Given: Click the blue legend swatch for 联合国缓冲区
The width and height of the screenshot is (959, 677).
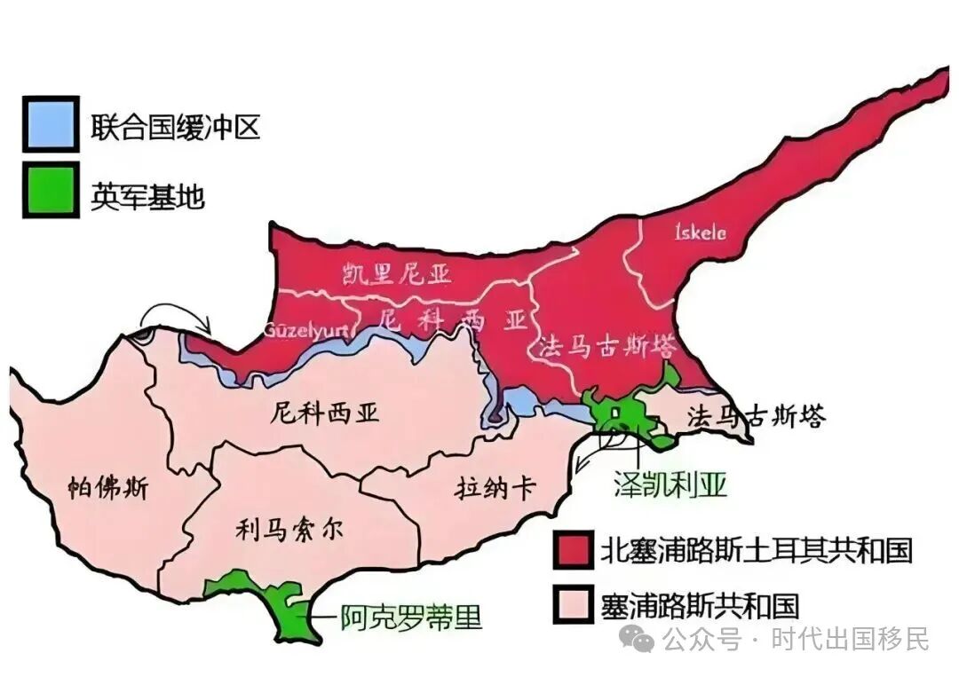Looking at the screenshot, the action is tap(52, 125).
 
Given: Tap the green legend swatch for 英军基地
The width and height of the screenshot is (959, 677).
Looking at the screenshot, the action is tap(52, 189).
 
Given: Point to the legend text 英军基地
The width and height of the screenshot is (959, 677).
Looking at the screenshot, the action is tap(147, 195).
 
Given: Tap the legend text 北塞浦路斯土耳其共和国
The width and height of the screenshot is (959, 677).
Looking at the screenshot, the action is tap(756, 550).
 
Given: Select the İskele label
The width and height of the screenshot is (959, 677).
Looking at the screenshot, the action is tap(701, 233).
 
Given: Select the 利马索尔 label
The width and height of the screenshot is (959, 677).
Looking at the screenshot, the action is tap(289, 529).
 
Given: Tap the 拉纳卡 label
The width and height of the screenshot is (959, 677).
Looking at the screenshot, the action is tap(494, 488).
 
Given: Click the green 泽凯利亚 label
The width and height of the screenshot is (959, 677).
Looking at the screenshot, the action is tap(670, 484).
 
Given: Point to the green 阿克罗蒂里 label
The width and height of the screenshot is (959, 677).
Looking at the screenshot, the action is tap(411, 617).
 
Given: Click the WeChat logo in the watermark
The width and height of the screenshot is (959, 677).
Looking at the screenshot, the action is tap(637, 637).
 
